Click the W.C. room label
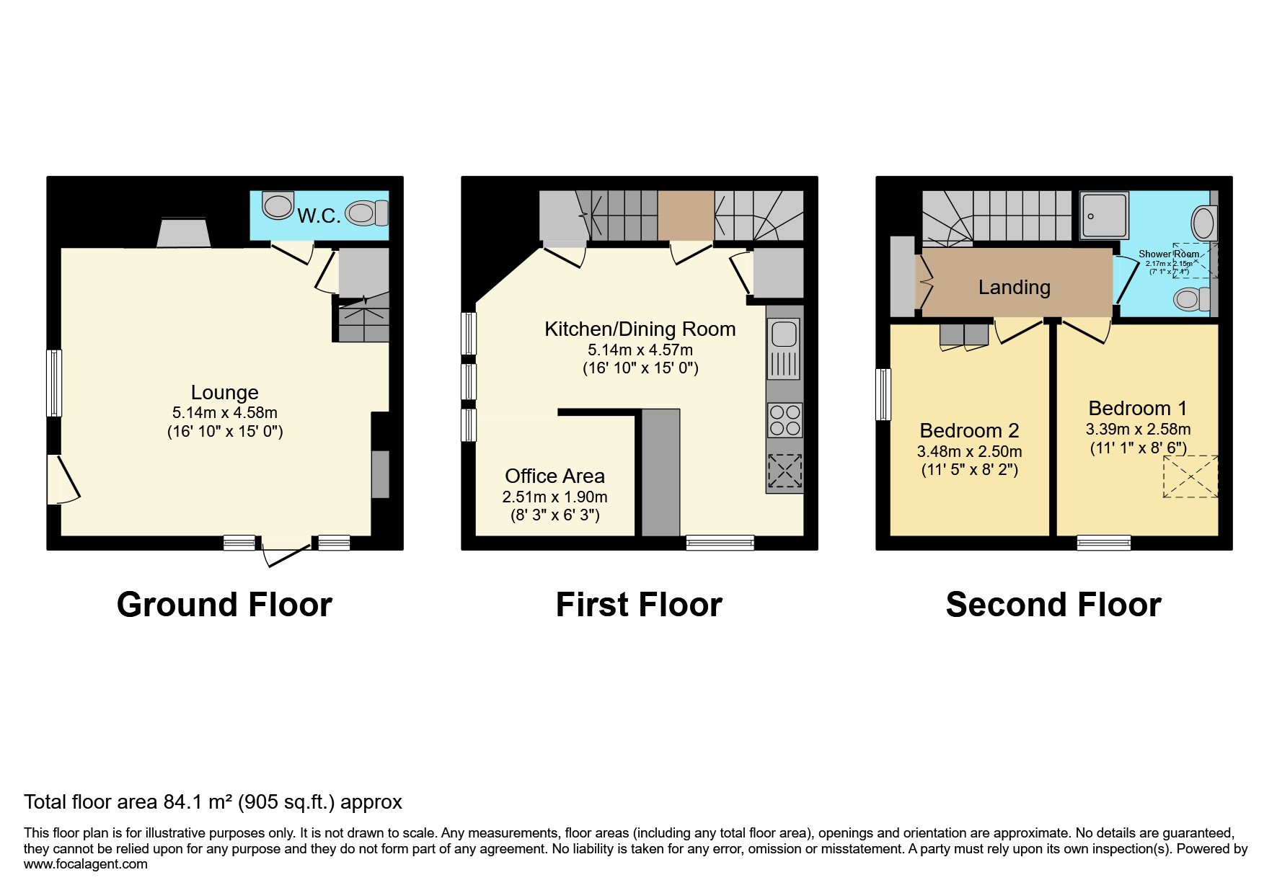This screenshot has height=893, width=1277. [x=318, y=216]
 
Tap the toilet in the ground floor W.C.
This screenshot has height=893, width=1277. [x=366, y=213]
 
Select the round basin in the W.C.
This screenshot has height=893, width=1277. [x=278, y=205]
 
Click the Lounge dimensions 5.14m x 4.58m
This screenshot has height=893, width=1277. [x=224, y=413]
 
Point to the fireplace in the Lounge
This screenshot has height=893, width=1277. [x=184, y=233]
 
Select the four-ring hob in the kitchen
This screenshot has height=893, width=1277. [x=785, y=420]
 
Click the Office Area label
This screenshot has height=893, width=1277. [x=554, y=476]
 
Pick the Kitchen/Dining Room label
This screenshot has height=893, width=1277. [x=640, y=329]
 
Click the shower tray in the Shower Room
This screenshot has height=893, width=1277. [x=1103, y=216]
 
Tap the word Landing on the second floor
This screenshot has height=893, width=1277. [x=1014, y=288]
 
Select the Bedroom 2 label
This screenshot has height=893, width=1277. [x=969, y=431]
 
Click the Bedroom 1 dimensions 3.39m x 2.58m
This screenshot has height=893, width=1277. [x=1138, y=430]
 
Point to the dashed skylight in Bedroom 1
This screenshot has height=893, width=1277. [x=1190, y=476]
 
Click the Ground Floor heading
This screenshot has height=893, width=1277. [x=224, y=604]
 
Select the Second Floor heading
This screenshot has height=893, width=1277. [x=1053, y=604]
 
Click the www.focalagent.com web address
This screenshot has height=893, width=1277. [x=85, y=864]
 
